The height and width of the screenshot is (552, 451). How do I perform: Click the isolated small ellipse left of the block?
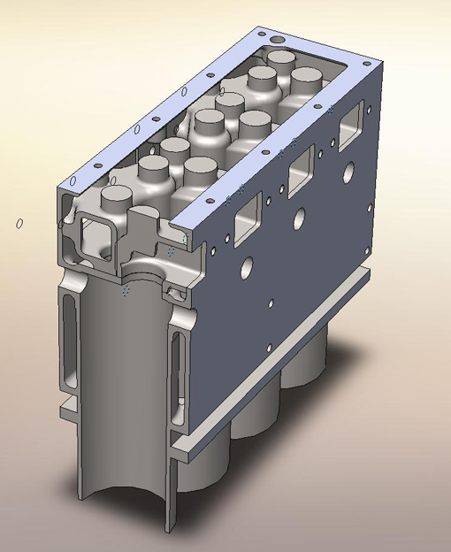tap(19, 223)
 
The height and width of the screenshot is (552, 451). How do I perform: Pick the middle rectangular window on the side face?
tap(301, 166)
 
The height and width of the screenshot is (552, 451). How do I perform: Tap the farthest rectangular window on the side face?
tap(352, 119)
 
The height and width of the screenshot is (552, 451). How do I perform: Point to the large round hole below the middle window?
tap(301, 216)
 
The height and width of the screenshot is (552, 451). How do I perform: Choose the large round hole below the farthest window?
tap(348, 170)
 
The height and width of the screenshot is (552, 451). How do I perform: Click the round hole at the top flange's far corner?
tap(279, 40)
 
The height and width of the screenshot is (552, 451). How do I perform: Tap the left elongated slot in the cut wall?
tap(70, 345)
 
